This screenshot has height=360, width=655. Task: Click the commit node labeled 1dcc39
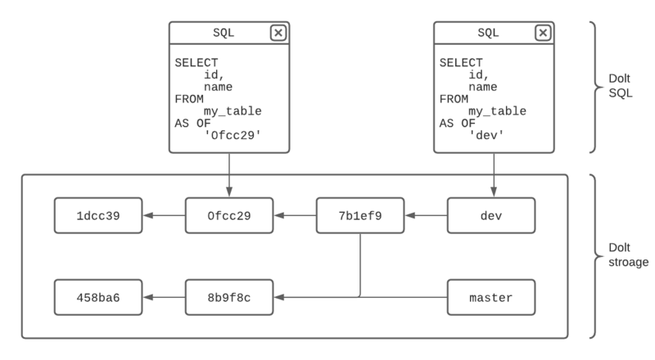click(98, 216)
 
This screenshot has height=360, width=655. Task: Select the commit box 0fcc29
click(229, 216)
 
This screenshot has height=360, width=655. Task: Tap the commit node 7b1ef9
click(360, 216)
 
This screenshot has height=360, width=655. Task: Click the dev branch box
click(491, 216)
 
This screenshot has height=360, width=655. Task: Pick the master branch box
click(491, 298)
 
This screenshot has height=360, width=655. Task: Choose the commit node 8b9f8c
click(229, 298)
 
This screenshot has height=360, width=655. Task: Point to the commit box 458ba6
click(98, 298)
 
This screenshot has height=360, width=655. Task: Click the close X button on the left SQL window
click(278, 33)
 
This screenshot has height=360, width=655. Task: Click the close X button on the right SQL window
click(543, 33)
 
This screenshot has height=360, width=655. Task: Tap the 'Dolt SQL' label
click(620, 88)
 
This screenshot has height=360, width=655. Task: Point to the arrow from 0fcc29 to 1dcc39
click(164, 216)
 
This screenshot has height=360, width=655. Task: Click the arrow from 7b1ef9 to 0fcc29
click(295, 216)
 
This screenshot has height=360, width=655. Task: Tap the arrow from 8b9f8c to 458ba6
click(164, 298)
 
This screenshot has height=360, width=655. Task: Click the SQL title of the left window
click(223, 33)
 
